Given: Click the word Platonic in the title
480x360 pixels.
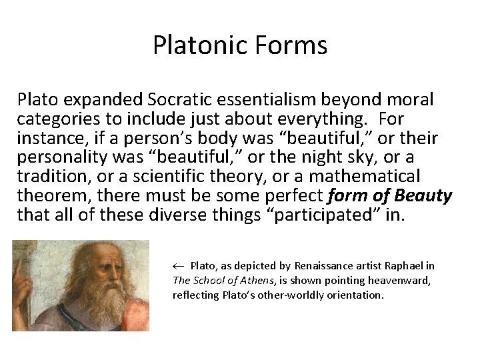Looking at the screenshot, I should tap(199, 46).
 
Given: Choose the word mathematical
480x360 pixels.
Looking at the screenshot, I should tap(364, 176).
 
